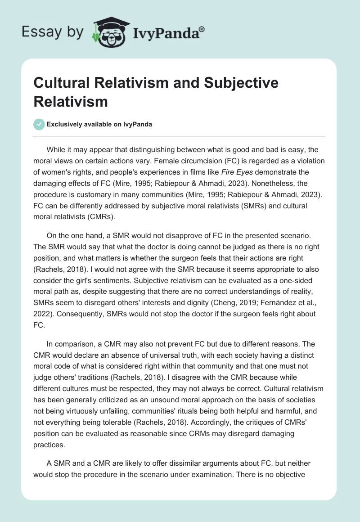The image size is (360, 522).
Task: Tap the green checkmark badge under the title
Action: click(39, 124)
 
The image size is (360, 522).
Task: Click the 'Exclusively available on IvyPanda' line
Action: click(99, 124)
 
